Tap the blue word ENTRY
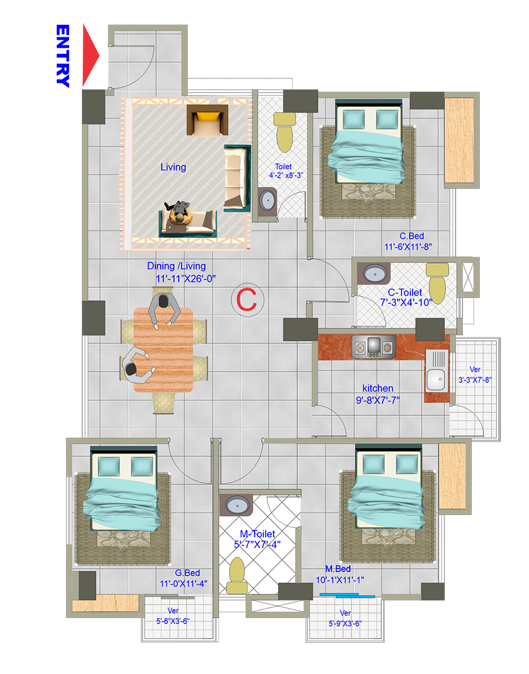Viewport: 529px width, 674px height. [x=63, y=56]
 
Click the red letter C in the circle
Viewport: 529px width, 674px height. [x=247, y=300]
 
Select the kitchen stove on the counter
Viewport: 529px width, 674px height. [x=374, y=346]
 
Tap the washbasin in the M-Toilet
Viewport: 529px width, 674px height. [x=236, y=505]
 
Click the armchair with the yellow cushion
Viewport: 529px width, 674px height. [x=207, y=120]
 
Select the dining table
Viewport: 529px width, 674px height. [x=164, y=350]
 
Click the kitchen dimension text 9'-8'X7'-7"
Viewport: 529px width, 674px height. [x=378, y=400]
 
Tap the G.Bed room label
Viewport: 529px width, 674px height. [x=187, y=573]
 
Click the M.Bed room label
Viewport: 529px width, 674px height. [x=338, y=569]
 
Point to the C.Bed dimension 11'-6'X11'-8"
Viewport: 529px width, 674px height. [x=408, y=247]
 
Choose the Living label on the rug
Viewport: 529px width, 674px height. [x=173, y=167]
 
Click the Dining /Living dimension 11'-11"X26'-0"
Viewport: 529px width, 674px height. [x=186, y=279]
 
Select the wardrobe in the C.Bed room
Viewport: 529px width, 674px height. [x=459, y=140]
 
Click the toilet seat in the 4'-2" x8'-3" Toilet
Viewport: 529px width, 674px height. [x=284, y=132]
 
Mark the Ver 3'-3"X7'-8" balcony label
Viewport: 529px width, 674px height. [x=475, y=374]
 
